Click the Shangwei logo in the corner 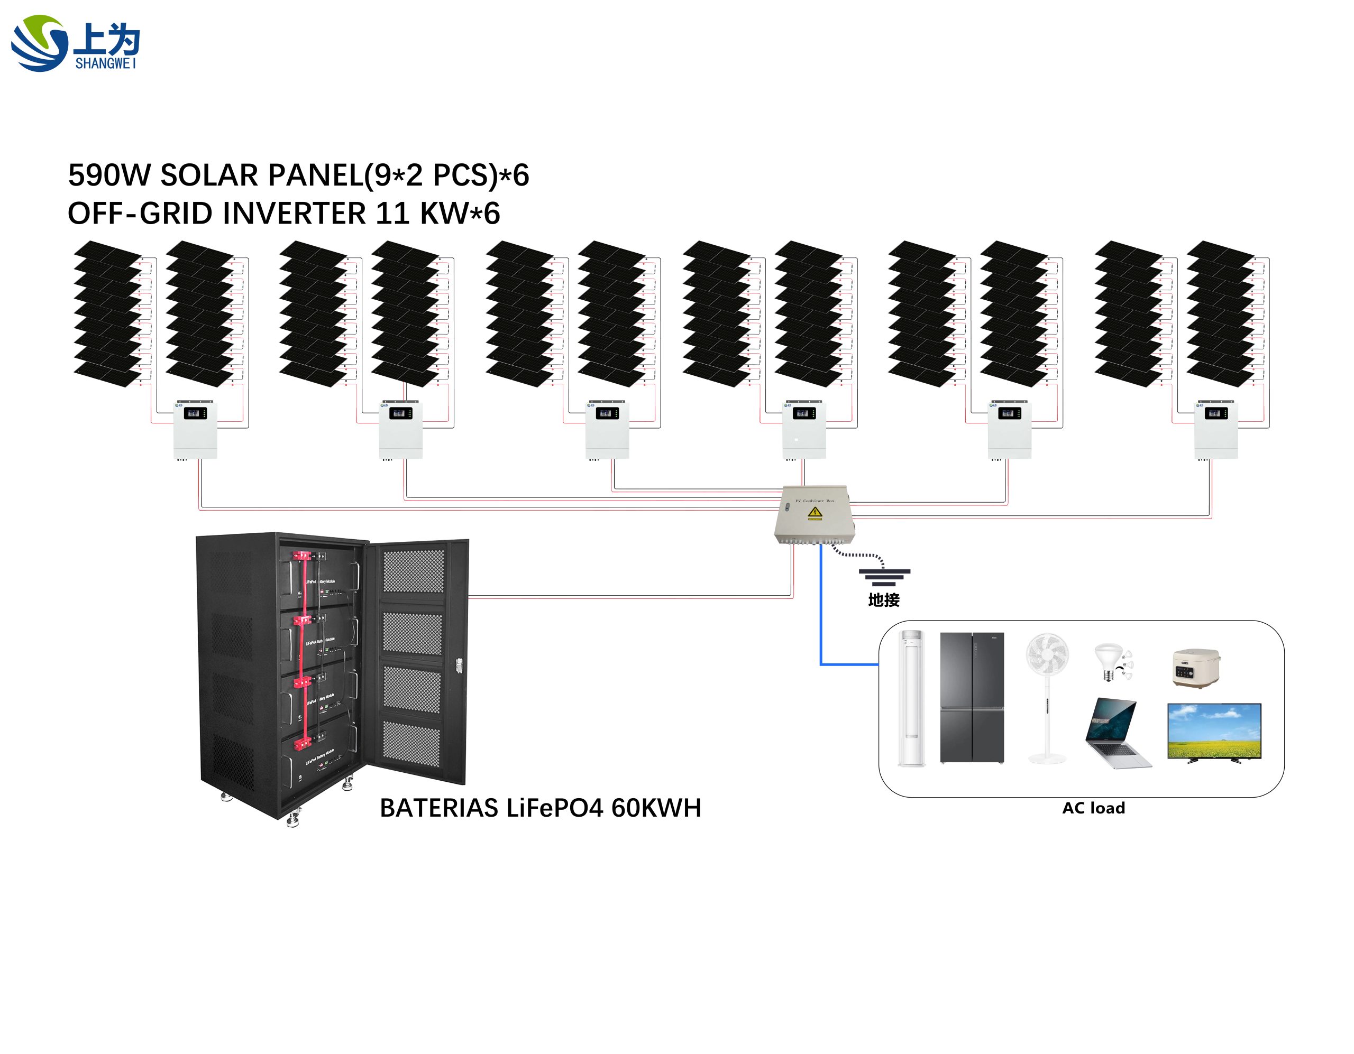[75, 43]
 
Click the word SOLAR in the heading [208, 175]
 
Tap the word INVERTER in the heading [294, 214]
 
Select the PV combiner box [814, 514]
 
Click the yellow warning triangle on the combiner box [815, 512]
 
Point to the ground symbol [884, 577]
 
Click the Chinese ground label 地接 [883, 600]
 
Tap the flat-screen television [1214, 732]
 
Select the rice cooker [1196, 668]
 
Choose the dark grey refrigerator [972, 698]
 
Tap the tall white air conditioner [912, 698]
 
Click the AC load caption [1093, 808]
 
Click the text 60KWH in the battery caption [656, 808]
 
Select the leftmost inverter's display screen [196, 413]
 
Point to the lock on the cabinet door [460, 666]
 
